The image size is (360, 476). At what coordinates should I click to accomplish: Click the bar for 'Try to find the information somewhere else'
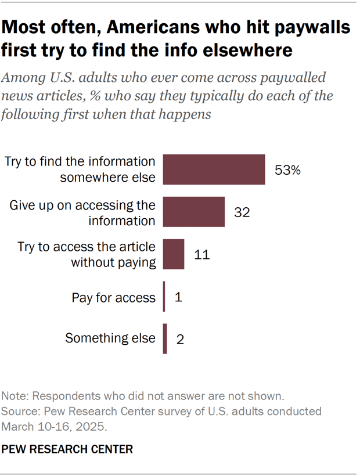tap(214, 170)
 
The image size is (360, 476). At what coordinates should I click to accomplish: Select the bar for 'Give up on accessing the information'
tap(193, 212)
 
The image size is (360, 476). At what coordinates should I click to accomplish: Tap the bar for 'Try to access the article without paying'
tap(174, 254)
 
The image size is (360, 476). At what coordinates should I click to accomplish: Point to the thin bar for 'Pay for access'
tap(164, 297)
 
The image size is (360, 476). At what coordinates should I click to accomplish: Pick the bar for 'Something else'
tap(165, 338)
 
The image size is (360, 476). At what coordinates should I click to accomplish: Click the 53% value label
tap(289, 170)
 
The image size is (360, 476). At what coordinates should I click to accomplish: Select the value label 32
tap(242, 212)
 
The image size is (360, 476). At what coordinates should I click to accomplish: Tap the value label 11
tap(201, 255)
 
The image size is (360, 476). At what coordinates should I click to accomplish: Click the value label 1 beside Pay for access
tap(178, 297)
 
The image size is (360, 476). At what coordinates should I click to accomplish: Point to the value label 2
tap(179, 339)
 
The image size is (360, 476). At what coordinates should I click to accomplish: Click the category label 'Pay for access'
tap(113, 298)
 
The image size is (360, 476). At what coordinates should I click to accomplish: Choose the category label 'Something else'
tap(110, 338)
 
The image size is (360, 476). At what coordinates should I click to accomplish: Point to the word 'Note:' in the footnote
tap(16, 396)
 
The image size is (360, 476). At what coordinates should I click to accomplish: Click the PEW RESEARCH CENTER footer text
tap(67, 449)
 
